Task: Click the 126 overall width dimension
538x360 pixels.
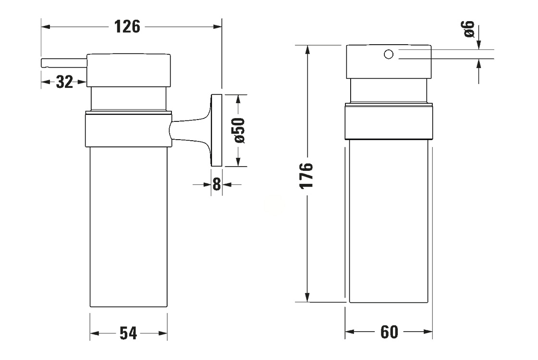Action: pyautogui.click(x=127, y=26)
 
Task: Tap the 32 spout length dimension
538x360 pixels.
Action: pyautogui.click(x=64, y=82)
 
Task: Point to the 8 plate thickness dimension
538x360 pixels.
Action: pyautogui.click(x=217, y=184)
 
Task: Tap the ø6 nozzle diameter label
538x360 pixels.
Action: pyautogui.click(x=469, y=29)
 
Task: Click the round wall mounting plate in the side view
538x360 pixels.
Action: pyautogui.click(x=216, y=131)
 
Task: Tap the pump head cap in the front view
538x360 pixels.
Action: pyautogui.click(x=389, y=61)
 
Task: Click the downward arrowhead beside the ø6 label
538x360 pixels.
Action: pyautogui.click(x=478, y=44)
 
